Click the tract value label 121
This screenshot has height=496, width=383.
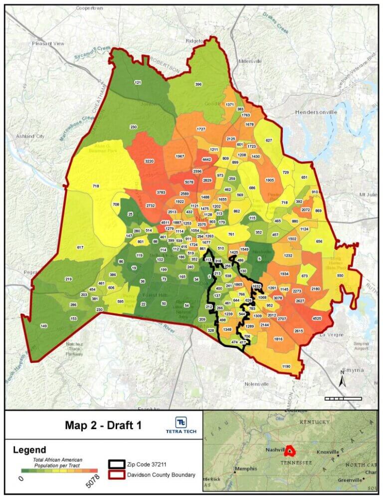point(138,82)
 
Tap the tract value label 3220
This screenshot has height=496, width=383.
point(149,162)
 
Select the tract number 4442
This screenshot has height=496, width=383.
point(207,159)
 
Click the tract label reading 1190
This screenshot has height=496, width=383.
point(286,366)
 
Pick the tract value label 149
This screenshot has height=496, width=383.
point(44,326)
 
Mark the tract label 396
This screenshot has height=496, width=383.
point(198,84)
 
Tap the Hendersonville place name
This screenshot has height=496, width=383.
point(316,112)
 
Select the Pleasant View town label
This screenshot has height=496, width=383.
point(48,44)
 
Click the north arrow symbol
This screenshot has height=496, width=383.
point(342,380)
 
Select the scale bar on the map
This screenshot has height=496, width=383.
point(343,398)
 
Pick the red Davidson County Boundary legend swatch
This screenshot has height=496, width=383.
point(118,474)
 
